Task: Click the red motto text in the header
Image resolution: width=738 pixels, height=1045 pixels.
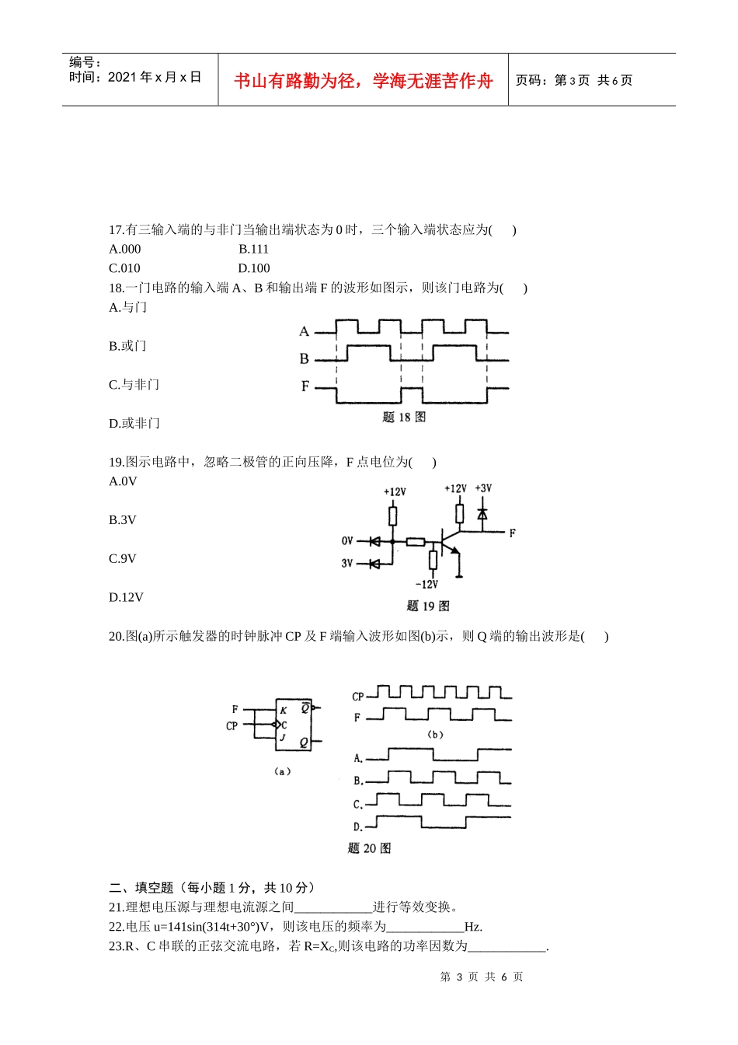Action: (363, 81)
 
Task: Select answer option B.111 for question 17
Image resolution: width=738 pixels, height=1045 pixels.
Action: (253, 250)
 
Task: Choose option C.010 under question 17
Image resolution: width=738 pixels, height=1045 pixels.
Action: (124, 269)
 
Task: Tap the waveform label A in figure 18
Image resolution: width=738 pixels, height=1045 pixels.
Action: (304, 332)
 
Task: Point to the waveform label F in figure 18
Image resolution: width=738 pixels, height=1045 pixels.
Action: (305, 386)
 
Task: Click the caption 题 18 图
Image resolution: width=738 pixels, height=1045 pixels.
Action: (404, 418)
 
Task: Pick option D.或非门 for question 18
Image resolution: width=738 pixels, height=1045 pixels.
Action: (134, 424)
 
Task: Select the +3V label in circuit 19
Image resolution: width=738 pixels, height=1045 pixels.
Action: (483, 489)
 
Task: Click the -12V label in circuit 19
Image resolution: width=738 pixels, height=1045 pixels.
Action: (426, 585)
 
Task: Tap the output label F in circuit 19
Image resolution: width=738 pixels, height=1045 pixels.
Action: (512, 533)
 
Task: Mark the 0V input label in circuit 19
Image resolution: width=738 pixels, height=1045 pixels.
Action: (347, 541)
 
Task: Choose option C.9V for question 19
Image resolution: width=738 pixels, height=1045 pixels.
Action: (123, 559)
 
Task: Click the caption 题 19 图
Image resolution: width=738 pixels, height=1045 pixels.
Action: (427, 606)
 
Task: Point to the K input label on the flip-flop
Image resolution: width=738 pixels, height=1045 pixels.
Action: (284, 711)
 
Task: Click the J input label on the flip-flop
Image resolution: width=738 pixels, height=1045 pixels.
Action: (283, 738)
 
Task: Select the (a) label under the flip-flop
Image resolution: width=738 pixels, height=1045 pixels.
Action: (283, 771)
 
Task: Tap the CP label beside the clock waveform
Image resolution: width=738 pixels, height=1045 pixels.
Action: (357, 697)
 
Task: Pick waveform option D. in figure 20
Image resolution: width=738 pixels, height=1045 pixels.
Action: (358, 827)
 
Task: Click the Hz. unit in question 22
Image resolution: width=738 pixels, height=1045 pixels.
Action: (473, 927)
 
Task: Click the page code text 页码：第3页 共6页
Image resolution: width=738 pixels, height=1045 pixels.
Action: (574, 81)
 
